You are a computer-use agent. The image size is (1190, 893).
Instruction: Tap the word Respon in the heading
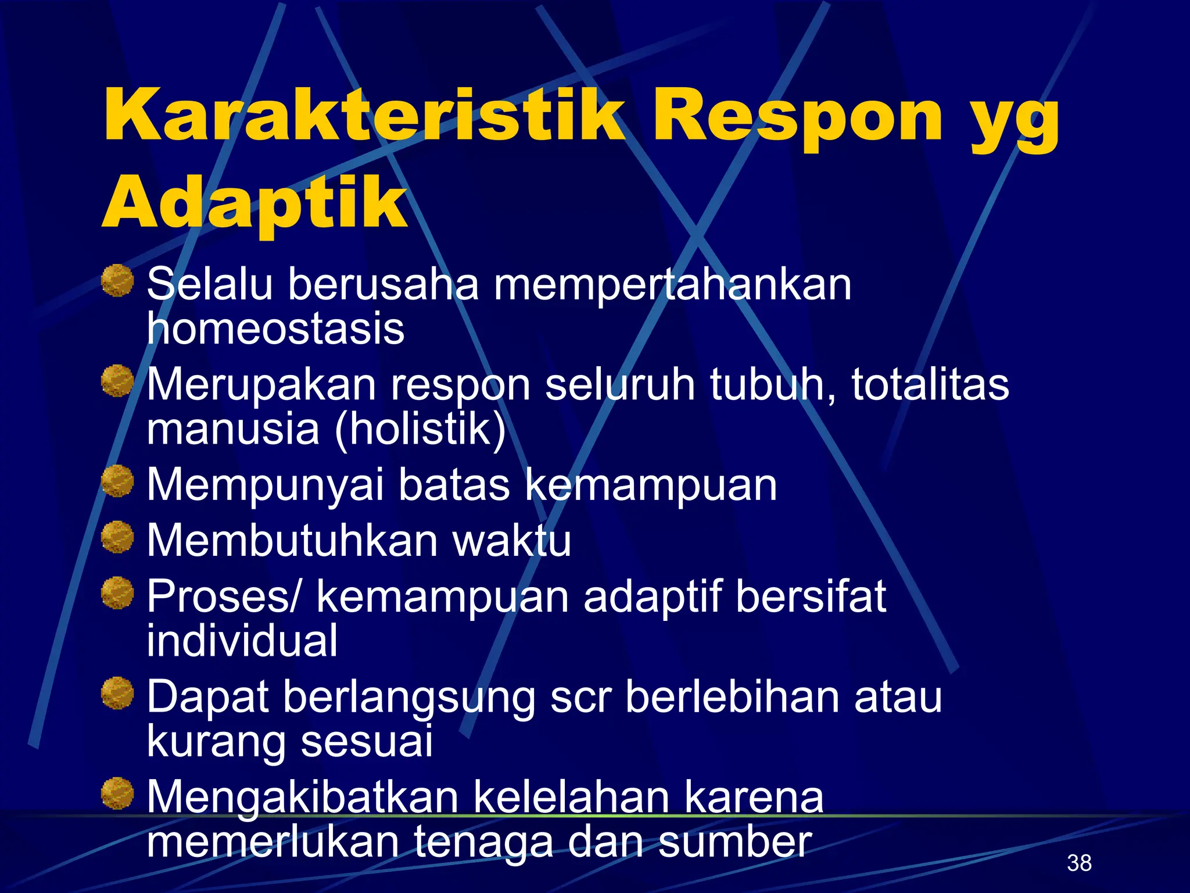797,116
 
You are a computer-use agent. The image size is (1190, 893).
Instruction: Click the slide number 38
1079,863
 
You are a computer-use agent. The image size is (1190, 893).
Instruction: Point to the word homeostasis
275,329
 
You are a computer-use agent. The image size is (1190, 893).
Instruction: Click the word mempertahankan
672,285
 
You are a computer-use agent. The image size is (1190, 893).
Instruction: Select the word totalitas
930,384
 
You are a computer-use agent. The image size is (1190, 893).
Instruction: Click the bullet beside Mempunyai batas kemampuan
118,481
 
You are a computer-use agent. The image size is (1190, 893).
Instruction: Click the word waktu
511,541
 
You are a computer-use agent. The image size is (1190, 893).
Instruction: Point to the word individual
242,641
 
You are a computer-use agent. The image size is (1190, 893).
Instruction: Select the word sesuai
367,741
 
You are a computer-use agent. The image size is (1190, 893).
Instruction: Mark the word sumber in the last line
734,841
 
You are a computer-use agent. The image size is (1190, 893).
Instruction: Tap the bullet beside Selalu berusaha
118,281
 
